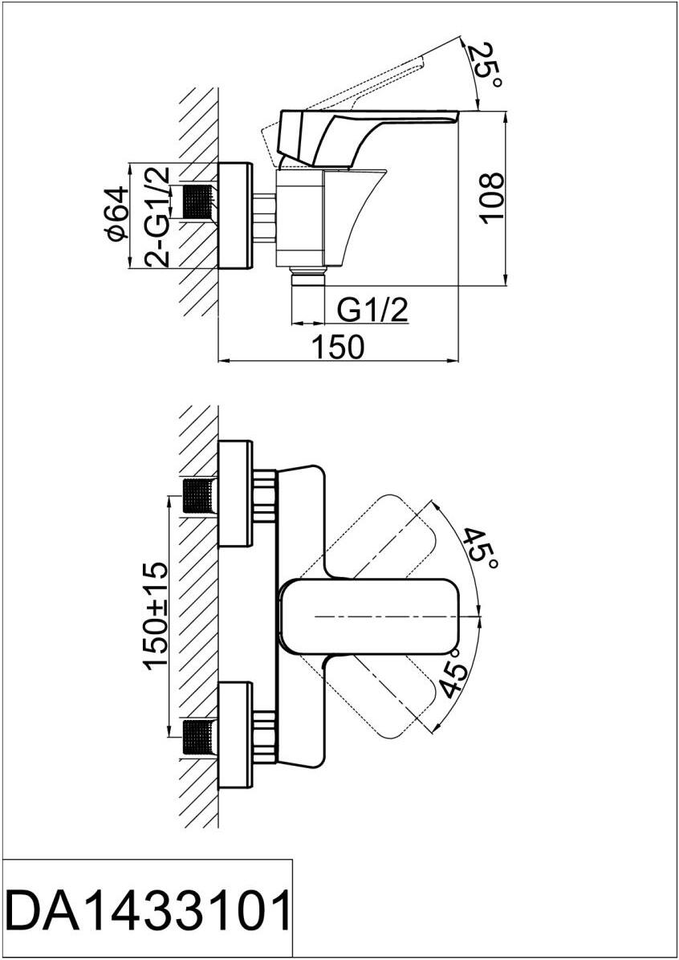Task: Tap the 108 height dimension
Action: (493, 199)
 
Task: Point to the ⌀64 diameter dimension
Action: (117, 214)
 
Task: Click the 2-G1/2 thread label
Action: (157, 216)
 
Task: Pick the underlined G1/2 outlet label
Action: (372, 310)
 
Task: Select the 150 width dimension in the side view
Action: (338, 347)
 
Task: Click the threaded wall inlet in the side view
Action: (199, 201)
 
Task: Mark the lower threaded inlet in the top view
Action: (199, 735)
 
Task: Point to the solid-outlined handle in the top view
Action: (369, 615)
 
